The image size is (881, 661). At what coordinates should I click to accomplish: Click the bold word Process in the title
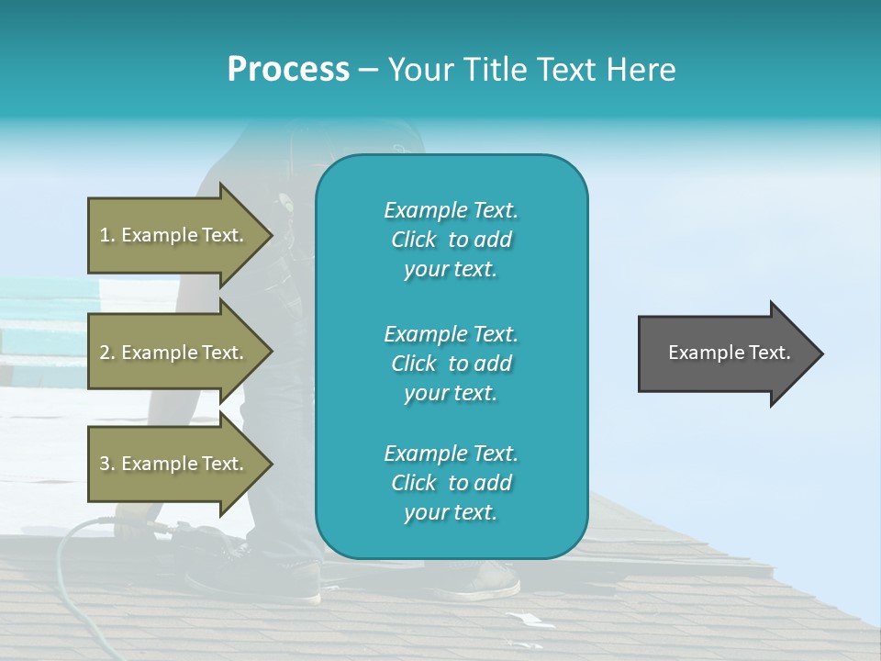[288, 70]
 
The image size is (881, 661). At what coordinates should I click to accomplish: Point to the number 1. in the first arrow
[107, 235]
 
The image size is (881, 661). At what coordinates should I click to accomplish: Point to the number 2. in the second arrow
[107, 353]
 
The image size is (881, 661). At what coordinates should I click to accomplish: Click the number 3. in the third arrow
[107, 464]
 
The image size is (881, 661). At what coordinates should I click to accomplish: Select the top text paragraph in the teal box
[451, 240]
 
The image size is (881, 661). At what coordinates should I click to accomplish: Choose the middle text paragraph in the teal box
[451, 363]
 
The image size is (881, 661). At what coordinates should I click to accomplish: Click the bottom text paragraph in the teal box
[451, 483]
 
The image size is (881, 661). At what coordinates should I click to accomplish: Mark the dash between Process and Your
[369, 70]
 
